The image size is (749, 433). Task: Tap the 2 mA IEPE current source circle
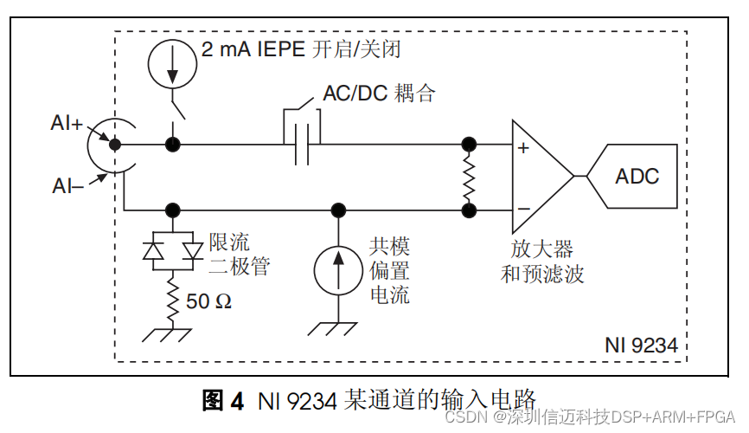pyautogui.click(x=168, y=59)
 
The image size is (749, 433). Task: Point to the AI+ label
pyautogui.click(x=67, y=124)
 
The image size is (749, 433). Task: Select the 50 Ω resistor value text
pyautogui.click(x=209, y=302)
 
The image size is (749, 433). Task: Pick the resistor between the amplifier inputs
pyautogui.click(x=470, y=177)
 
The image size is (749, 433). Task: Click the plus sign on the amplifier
pyautogui.click(x=522, y=148)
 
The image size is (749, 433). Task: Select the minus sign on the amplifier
pyautogui.click(x=522, y=209)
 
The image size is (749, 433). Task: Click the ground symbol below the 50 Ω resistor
pyautogui.click(x=172, y=333)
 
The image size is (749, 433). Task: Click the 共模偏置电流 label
pyautogui.click(x=389, y=270)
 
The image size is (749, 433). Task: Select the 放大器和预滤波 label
pyautogui.click(x=542, y=262)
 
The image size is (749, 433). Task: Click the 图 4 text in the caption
pyautogui.click(x=224, y=401)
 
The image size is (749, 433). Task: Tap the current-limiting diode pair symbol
pyautogui.click(x=172, y=250)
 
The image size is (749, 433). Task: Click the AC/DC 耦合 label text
pyautogui.click(x=379, y=94)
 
